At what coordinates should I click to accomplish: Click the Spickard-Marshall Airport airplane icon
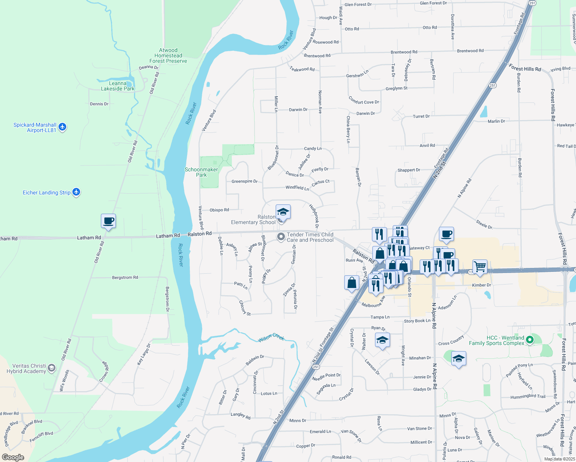[62, 127]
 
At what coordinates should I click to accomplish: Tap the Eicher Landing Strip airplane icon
[76, 192]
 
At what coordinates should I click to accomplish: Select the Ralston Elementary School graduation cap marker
[283, 212]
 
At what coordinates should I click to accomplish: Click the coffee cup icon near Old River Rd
[108, 221]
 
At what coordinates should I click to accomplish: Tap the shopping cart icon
[480, 266]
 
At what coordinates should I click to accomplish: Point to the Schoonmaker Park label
[201, 172]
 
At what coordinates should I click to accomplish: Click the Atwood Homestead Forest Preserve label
[168, 55]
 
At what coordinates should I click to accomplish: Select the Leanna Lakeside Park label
[117, 86]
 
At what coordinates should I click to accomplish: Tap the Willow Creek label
[271, 338]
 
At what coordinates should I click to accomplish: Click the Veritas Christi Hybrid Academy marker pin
[52, 368]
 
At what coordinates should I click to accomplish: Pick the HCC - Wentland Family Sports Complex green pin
[530, 340]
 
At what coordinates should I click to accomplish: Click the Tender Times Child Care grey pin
[281, 236]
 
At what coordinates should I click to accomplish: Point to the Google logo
[13, 457]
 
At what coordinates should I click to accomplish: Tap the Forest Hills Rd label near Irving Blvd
[525, 68]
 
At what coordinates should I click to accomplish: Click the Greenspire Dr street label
[244, 181]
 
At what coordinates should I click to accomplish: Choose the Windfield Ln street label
[297, 187]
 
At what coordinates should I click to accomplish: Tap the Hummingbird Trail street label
[528, 397]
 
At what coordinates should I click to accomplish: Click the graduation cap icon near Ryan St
[382, 340]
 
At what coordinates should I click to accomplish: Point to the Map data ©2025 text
[559, 459]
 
